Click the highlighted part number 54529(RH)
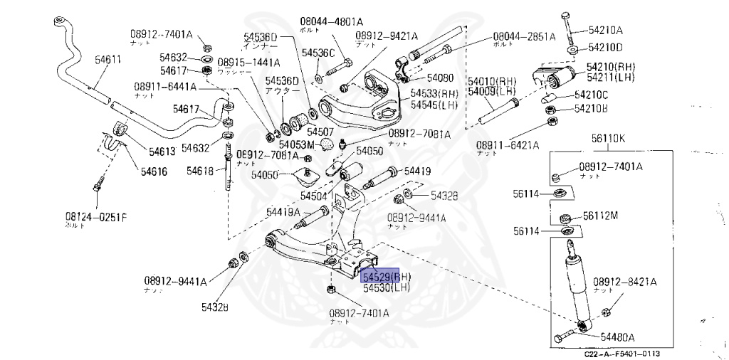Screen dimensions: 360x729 coord(385,275)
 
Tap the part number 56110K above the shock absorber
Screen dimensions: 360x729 coord(608,139)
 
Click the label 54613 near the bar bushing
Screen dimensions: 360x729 coord(163,151)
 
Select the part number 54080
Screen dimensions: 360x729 coord(440,77)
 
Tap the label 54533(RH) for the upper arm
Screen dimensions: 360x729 coord(434,93)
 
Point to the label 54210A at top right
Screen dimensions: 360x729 coord(605,30)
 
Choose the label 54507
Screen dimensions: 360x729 coord(320,132)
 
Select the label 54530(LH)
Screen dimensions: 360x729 coord(387,288)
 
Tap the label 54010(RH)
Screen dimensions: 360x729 coord(491,82)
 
